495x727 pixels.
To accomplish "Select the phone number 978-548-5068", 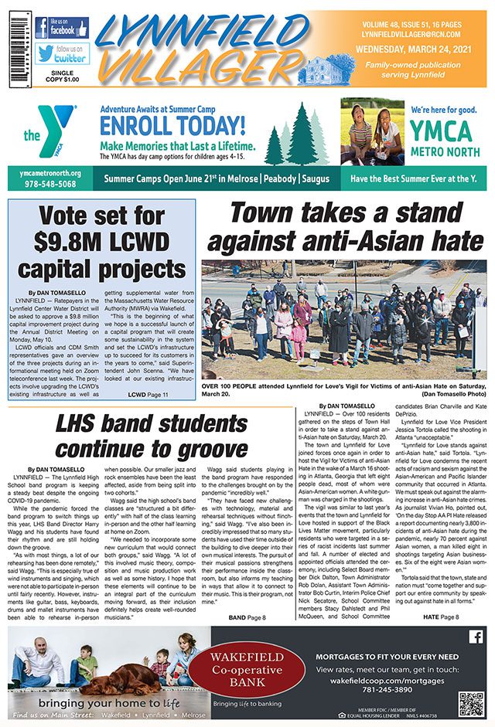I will click(x=48, y=185).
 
